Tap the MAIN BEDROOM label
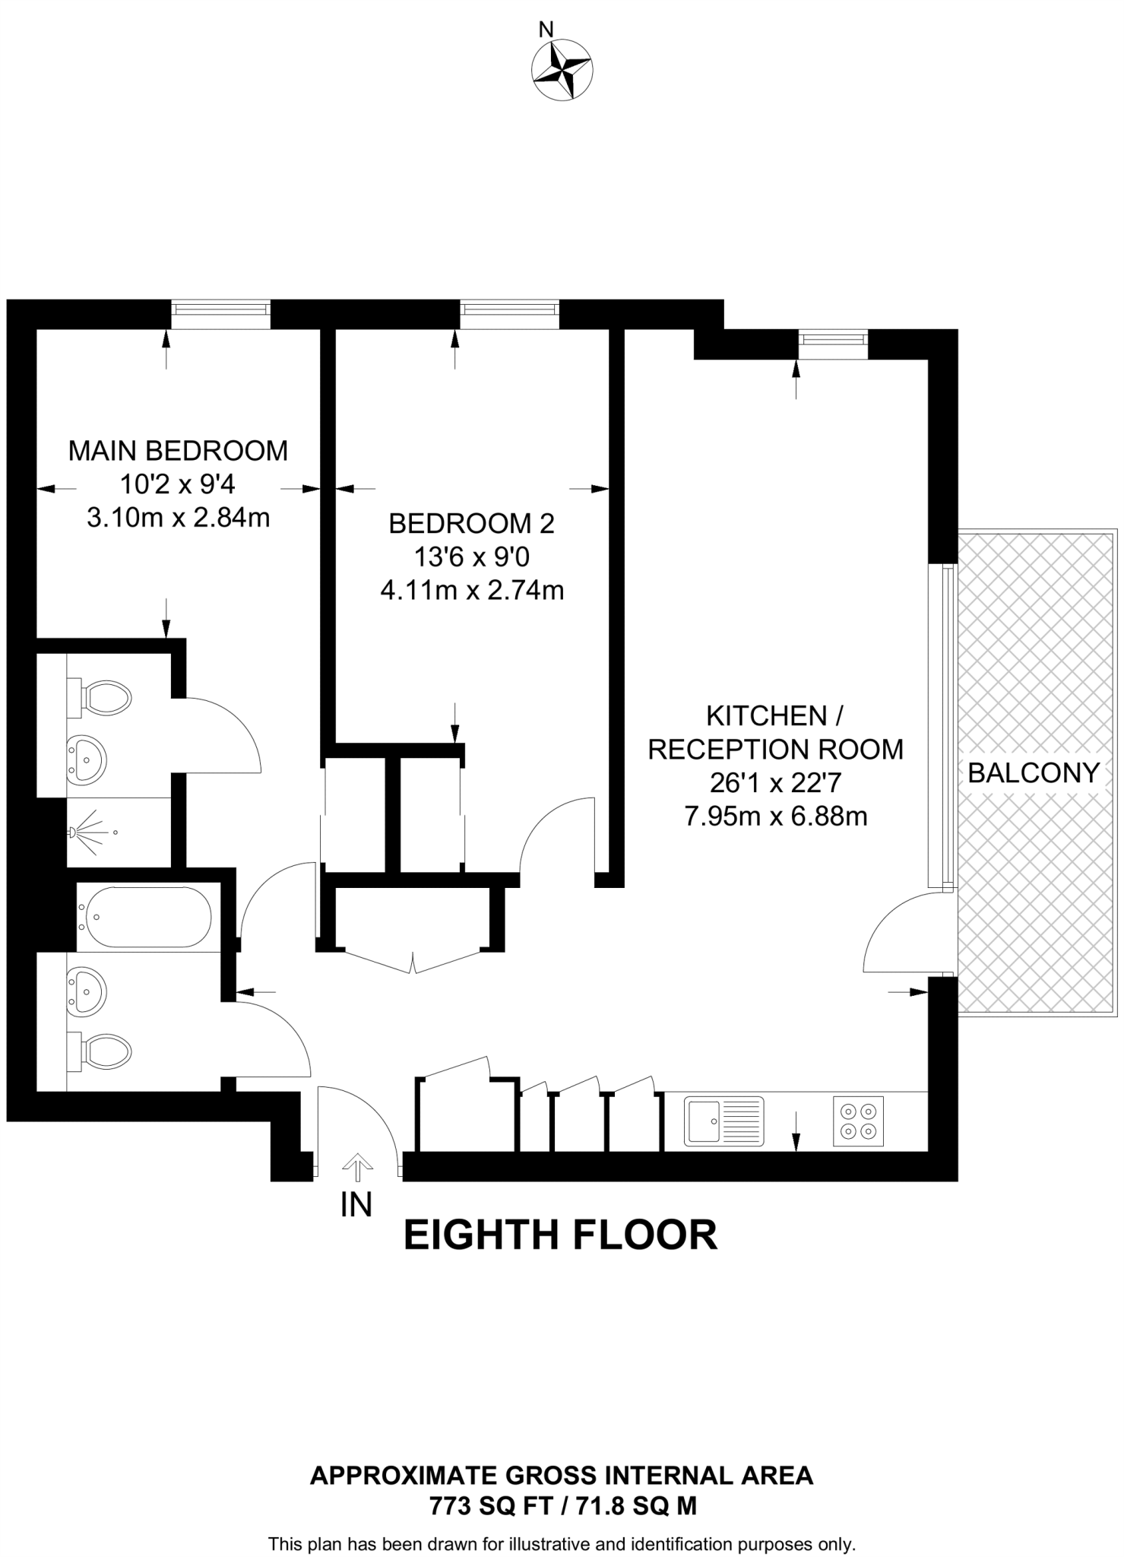[x=178, y=451]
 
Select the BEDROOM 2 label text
[x=471, y=523]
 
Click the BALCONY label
[x=1034, y=773]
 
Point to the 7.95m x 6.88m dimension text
[x=775, y=817]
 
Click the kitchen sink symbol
[x=723, y=1121]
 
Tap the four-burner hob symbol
[x=858, y=1121]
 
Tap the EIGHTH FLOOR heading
[x=560, y=1235]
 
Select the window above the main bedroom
[x=220, y=312]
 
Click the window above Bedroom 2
[x=509, y=312]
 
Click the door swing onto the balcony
[x=904, y=934]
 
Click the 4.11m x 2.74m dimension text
[x=472, y=590]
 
